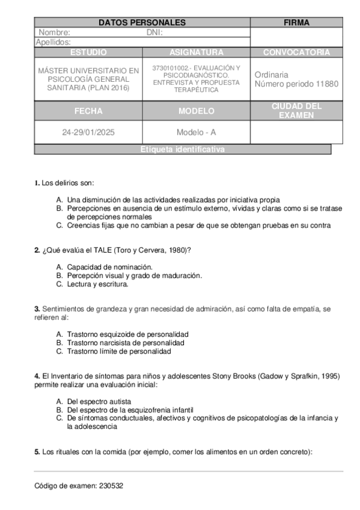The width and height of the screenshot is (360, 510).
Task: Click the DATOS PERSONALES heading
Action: point(142,23)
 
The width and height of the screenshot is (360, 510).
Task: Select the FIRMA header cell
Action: point(296,23)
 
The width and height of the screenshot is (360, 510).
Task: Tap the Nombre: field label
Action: point(55,32)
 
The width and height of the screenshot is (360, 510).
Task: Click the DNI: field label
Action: point(155,32)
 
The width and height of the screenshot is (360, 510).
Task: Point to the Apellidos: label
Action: point(53,42)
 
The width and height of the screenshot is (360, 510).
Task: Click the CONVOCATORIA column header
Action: point(296,52)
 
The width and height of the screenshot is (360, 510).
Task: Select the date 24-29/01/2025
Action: point(88,132)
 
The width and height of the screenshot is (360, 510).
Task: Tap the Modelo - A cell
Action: point(196,132)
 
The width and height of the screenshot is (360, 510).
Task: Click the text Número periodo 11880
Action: point(297,84)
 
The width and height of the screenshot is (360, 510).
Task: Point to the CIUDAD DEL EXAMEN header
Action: point(296,111)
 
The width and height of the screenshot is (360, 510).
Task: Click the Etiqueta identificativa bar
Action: point(183,150)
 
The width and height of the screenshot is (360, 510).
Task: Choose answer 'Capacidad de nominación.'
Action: point(110,266)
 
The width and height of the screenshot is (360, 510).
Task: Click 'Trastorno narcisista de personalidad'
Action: point(126,342)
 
